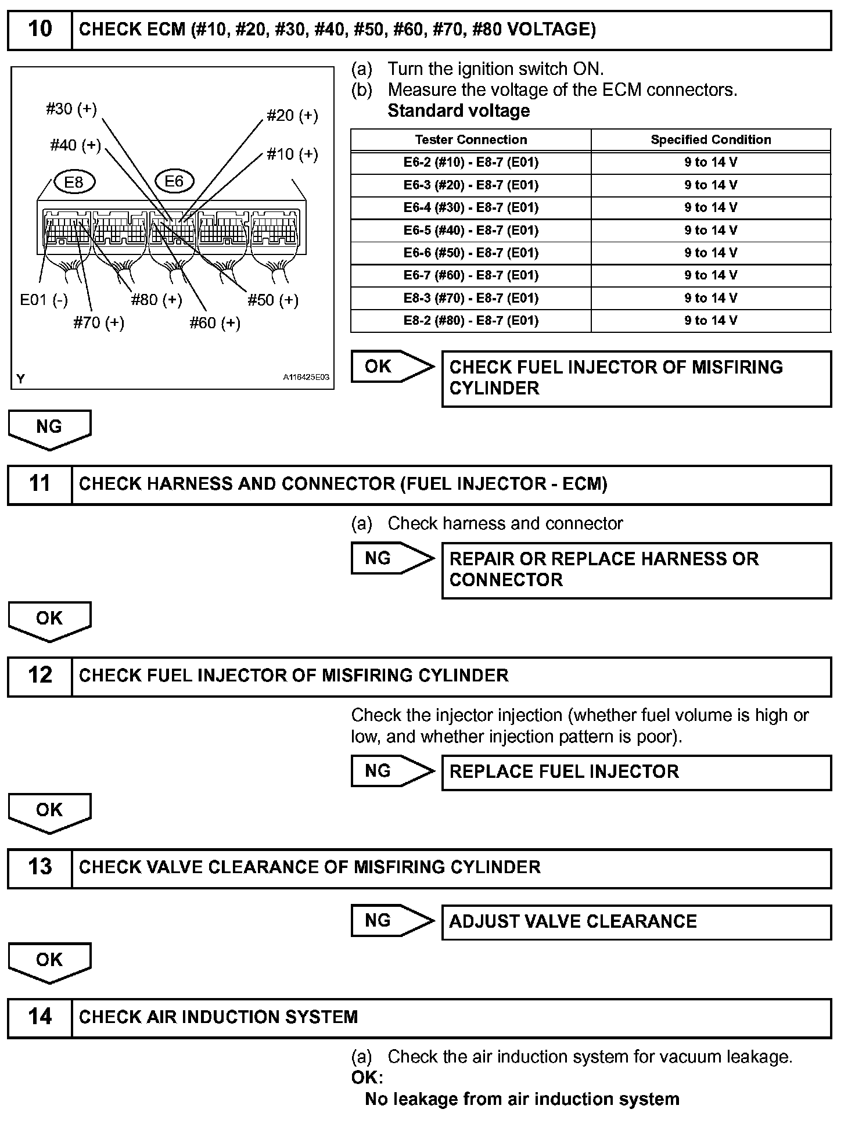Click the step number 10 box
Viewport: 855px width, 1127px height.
point(39,29)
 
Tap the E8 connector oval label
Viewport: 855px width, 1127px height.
point(74,182)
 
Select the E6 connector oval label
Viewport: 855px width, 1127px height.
point(174,181)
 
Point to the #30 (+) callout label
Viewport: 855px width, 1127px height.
point(71,109)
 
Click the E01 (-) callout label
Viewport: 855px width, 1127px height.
point(44,300)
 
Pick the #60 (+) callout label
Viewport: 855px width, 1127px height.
point(215,322)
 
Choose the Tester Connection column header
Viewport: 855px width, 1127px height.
point(470,139)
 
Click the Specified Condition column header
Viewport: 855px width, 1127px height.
point(710,139)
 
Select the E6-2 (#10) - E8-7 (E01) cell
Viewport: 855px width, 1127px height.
point(470,162)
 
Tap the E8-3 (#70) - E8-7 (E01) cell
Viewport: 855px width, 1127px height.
point(470,298)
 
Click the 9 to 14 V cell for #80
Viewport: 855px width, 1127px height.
point(710,320)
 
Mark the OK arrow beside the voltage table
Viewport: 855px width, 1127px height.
point(392,367)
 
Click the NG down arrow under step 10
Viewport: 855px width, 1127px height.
point(49,429)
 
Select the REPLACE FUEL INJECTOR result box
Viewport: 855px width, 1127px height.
point(636,772)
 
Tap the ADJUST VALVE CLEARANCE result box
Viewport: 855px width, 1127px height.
point(636,922)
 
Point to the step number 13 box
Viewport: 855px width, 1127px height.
point(39,867)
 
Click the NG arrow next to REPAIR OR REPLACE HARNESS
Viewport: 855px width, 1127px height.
point(392,558)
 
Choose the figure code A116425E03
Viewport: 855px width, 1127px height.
point(306,377)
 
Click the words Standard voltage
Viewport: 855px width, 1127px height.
point(458,111)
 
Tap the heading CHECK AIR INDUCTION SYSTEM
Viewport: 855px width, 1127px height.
point(218,1017)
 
